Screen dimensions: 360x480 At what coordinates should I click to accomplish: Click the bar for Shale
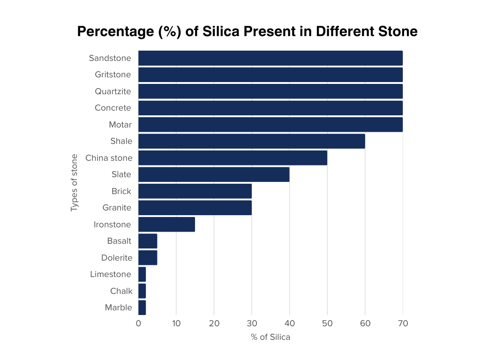point(251,141)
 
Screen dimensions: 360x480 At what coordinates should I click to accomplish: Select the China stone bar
point(232,158)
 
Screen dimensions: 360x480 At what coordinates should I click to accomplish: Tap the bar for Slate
point(214,174)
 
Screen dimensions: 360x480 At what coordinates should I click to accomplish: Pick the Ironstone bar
point(166,225)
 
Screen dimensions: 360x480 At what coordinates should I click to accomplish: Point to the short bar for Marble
point(142,307)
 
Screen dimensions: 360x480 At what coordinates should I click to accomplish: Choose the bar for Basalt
point(148,241)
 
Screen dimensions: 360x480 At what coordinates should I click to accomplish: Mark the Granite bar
point(195,208)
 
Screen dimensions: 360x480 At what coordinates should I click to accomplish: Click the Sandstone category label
point(110,58)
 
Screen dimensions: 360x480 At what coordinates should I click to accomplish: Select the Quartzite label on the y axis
point(113,91)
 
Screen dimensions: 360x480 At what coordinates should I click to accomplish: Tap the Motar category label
point(120,125)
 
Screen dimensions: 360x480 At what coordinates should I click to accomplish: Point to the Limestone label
point(111,274)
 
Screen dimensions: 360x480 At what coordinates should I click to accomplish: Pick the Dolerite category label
point(117,258)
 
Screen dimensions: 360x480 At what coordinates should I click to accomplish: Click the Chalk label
point(121,291)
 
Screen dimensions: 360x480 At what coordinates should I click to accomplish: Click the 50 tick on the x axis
point(327,323)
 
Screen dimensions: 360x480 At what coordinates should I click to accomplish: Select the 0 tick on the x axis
point(138,323)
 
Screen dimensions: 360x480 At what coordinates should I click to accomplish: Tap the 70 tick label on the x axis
point(403,323)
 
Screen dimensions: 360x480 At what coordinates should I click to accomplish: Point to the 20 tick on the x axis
point(214,323)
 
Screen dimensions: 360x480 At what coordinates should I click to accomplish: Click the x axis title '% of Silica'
point(270,337)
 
